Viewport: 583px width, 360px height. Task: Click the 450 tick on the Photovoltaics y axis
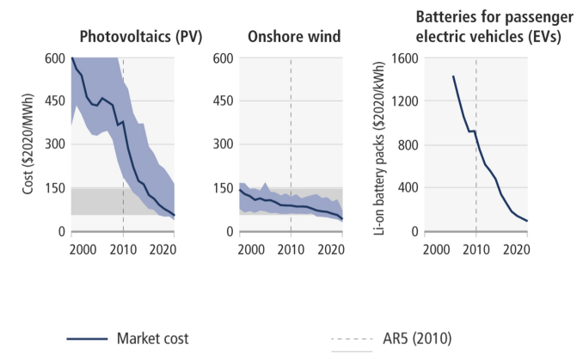point(56,101)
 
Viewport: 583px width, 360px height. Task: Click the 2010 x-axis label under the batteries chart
point(476,248)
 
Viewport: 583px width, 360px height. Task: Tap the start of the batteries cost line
point(453,76)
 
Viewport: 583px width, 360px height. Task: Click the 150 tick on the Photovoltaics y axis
point(56,188)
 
